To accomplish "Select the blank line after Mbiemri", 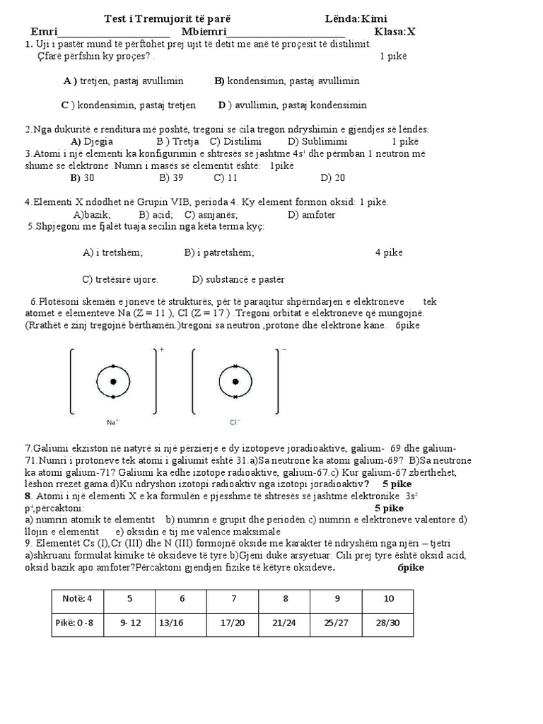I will (x=286, y=33).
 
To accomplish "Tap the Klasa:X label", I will (x=395, y=32).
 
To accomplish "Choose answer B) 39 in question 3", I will (x=171, y=177).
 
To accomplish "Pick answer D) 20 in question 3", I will (x=332, y=177).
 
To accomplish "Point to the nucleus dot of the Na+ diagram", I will (x=112, y=382).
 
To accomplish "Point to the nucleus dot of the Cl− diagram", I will (x=235, y=382).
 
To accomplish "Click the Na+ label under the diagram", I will (x=112, y=422).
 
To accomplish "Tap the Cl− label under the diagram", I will (x=235, y=422).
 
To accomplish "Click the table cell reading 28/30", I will (x=388, y=623).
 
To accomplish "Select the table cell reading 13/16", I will (x=182, y=623).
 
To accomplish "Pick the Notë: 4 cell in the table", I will (x=78, y=598).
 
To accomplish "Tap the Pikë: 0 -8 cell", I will (x=78, y=623).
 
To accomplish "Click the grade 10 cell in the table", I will (x=388, y=598).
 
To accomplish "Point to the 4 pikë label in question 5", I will (x=389, y=252).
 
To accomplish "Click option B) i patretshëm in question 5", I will (x=219, y=252).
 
